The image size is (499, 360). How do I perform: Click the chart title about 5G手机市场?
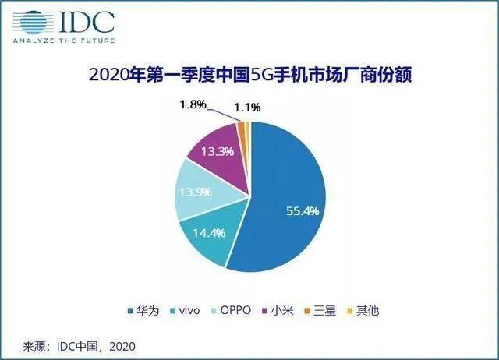coord(249,76)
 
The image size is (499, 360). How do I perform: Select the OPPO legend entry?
coord(230,311)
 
